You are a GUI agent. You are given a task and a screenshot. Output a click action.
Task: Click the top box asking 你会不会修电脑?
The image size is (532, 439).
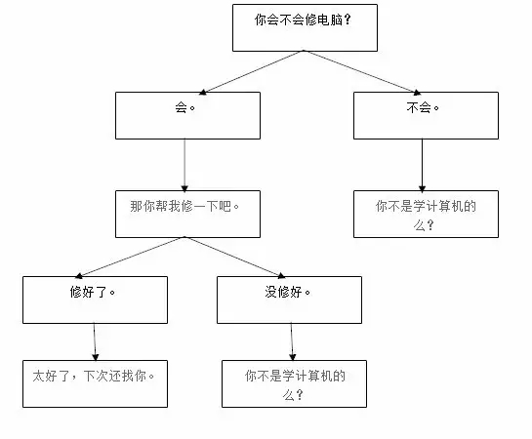click(x=304, y=26)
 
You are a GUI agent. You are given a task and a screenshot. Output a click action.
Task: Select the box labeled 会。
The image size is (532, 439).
click(x=187, y=116)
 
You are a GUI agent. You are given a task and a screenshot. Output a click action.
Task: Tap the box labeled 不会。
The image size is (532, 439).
click(x=425, y=116)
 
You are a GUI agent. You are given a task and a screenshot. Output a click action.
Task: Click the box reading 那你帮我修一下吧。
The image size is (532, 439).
click(x=187, y=214)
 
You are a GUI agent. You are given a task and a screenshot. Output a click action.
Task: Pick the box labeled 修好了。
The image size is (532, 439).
click(x=95, y=299)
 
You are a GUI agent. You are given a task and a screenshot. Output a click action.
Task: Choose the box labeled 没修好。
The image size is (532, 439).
click(x=289, y=299)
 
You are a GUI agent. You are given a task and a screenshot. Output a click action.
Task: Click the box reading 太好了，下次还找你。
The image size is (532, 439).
click(x=95, y=383)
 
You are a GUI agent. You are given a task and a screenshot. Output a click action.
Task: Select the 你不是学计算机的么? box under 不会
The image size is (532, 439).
click(x=425, y=214)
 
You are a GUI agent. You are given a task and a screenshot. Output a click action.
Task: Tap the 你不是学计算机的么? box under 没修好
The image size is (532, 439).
click(x=294, y=383)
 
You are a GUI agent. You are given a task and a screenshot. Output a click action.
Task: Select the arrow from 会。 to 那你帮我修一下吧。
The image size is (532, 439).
click(x=185, y=164)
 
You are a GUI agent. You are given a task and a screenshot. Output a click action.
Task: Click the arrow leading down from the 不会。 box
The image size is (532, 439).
click(x=422, y=164)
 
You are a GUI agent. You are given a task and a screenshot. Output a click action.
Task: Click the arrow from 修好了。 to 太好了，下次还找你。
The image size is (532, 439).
click(x=95, y=341)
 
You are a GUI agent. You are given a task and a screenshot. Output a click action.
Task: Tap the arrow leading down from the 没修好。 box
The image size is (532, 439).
click(x=292, y=341)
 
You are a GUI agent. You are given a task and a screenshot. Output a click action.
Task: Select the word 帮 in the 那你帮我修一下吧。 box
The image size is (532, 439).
click(x=167, y=206)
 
